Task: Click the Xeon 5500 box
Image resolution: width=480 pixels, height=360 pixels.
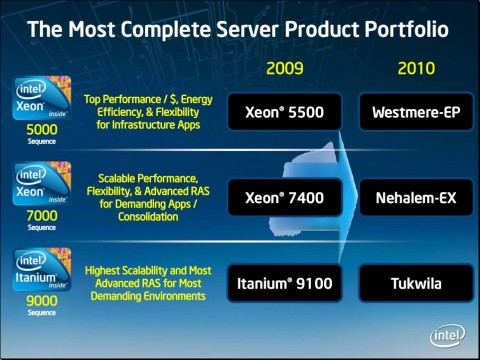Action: point(284,112)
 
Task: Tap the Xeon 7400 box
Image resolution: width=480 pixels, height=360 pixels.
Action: point(284,198)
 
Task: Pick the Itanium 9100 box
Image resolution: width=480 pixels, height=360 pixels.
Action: point(284,283)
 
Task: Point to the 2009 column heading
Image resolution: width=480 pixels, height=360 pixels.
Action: point(285,68)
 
